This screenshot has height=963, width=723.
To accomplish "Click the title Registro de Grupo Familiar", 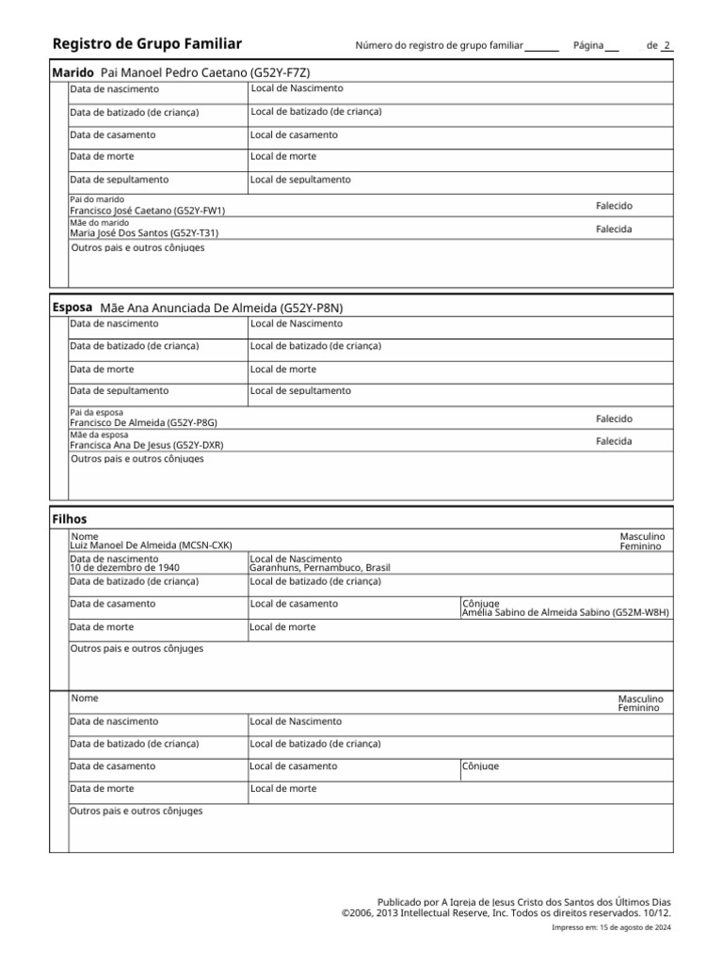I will click(x=148, y=44).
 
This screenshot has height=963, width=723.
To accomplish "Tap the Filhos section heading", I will click(x=70, y=519).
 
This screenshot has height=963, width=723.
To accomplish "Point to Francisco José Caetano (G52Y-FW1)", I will click(x=148, y=212).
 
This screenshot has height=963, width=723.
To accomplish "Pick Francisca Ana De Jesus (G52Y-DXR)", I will click(x=146, y=445).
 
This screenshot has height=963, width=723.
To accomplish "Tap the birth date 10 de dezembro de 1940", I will click(x=124, y=568).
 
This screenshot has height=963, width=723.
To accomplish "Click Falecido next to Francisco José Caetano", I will click(x=614, y=206).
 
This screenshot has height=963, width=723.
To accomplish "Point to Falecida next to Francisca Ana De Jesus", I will click(x=614, y=441).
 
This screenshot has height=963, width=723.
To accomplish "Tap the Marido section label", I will click(x=72, y=72).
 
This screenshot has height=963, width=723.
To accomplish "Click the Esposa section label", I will click(x=72, y=308).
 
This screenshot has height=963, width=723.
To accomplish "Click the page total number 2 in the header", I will click(x=667, y=45).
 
